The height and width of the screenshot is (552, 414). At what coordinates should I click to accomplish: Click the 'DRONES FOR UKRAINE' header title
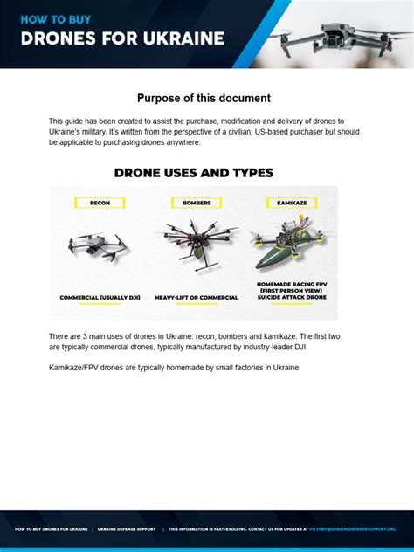122,38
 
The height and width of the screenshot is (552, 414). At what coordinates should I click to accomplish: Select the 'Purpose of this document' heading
204,99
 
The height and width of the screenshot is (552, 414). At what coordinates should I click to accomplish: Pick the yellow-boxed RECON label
100,203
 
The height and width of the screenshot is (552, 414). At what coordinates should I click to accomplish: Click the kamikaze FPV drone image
287,240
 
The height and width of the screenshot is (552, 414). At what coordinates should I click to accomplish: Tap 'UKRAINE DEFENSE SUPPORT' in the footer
128,528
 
